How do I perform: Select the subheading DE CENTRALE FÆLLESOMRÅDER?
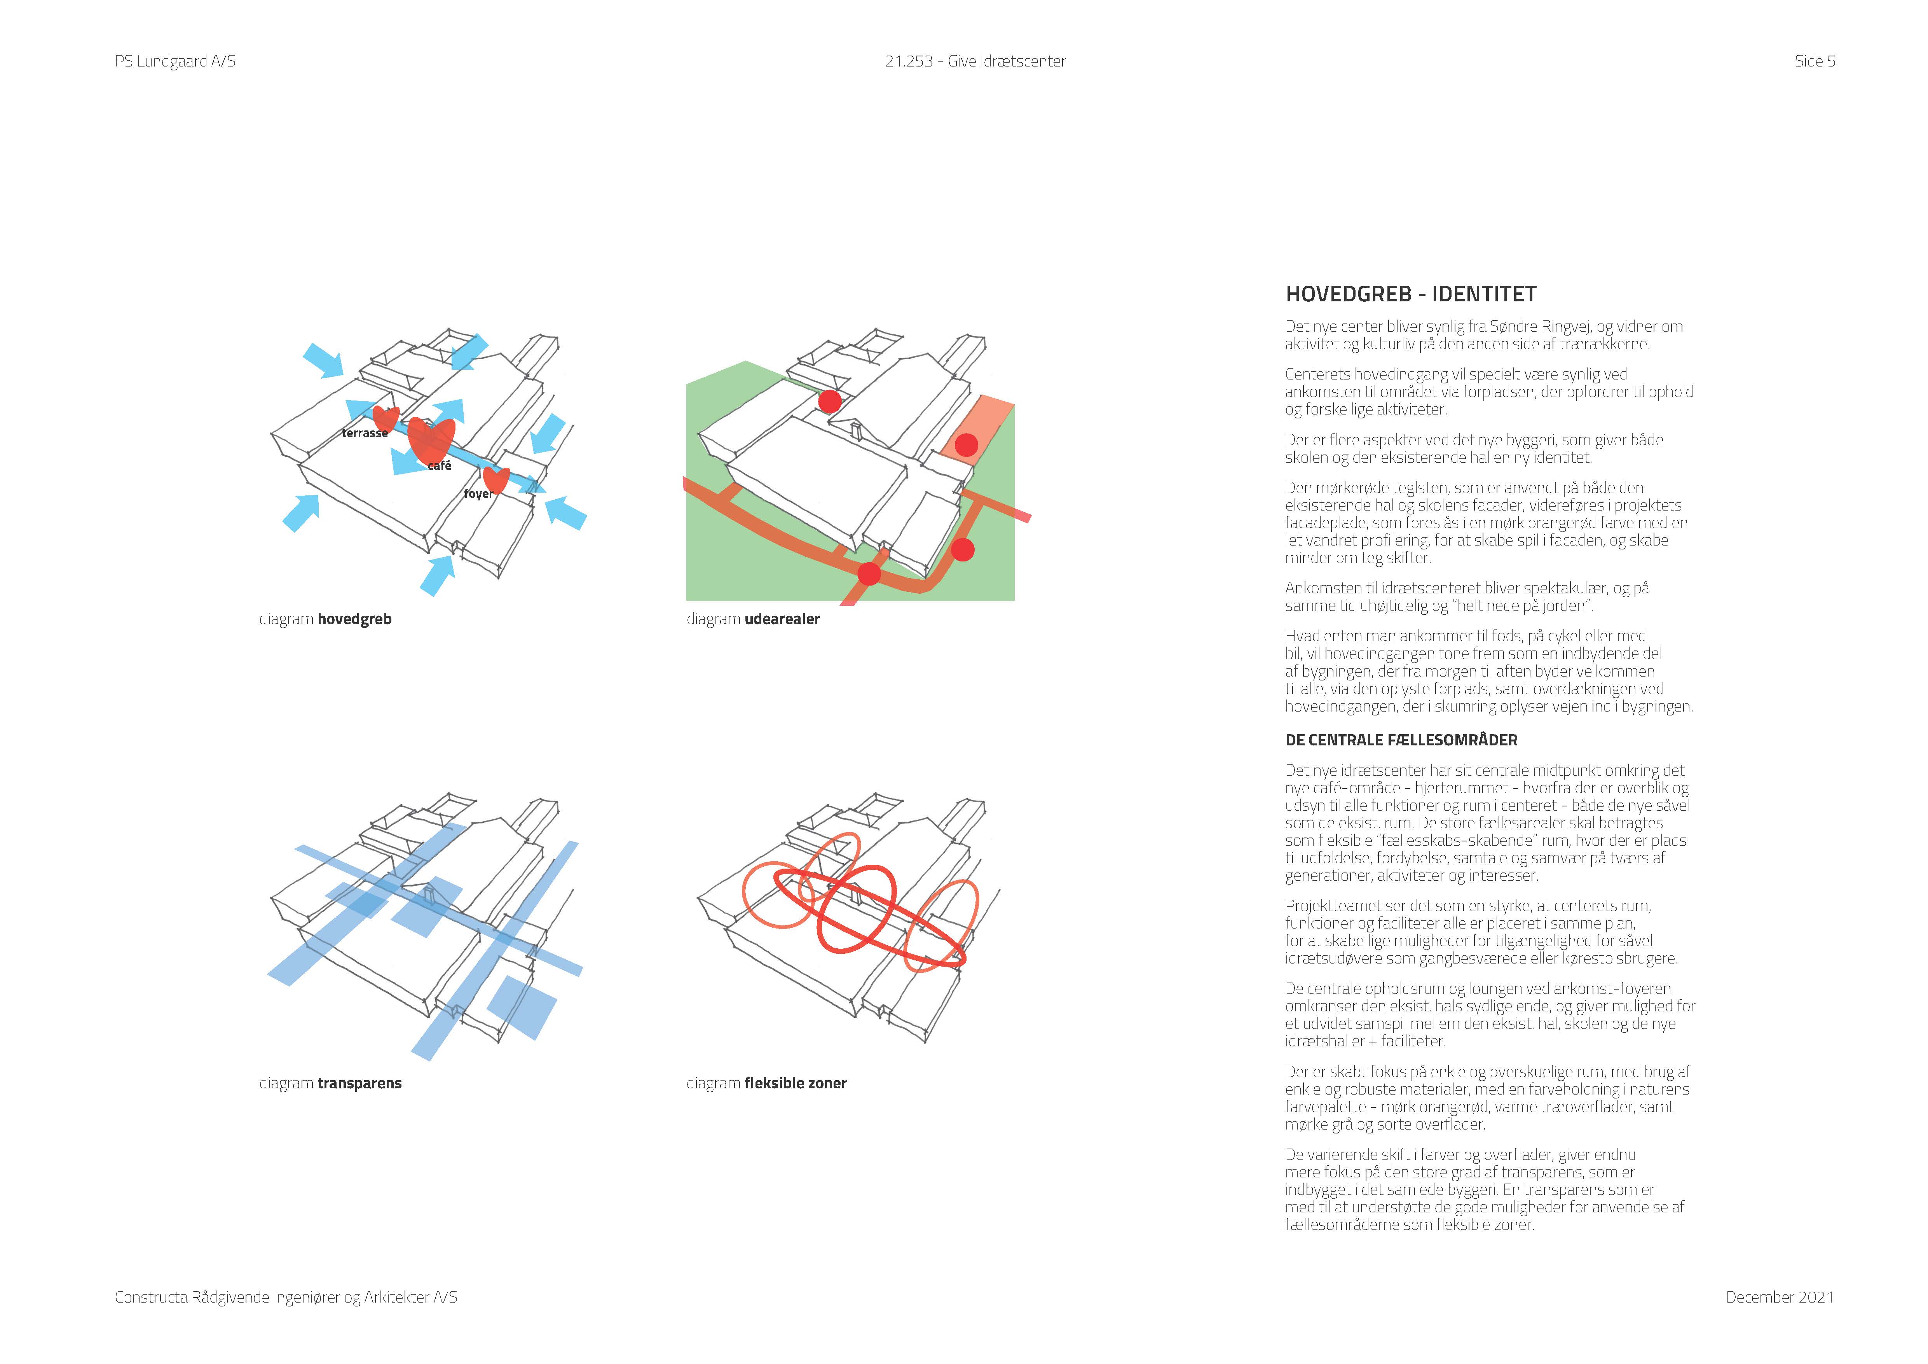[x=1401, y=740]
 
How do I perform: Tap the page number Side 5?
[x=1815, y=61]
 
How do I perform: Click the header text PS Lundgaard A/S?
[x=174, y=61]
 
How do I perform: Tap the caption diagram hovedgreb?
[x=325, y=619]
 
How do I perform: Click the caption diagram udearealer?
[x=752, y=619]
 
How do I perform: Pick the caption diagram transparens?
[x=330, y=1084]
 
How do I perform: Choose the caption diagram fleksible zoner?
[x=766, y=1084]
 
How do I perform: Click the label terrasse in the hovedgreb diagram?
[x=365, y=434]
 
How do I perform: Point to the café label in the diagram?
[x=439, y=465]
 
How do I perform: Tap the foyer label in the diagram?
[x=479, y=494]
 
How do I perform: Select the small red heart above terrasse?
[x=386, y=418]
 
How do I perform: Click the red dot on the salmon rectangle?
[x=967, y=445]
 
